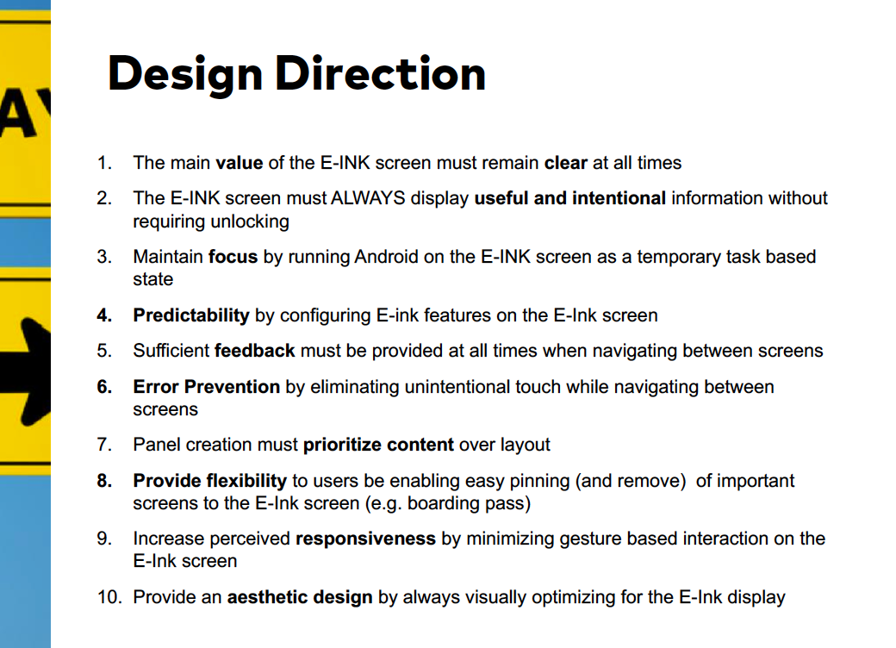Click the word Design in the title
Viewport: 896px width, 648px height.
point(185,74)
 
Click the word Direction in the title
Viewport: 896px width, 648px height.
point(381,73)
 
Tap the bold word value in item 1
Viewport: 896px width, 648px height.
point(239,163)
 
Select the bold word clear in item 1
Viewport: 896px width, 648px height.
point(566,163)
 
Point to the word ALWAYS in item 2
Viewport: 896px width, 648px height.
point(368,197)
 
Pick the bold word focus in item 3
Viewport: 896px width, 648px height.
point(233,257)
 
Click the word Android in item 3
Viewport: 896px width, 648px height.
point(386,257)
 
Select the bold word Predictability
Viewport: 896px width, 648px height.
point(191,315)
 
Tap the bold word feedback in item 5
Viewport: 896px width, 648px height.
point(255,351)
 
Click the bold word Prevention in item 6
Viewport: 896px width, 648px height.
point(232,387)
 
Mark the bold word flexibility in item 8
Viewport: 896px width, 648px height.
point(246,481)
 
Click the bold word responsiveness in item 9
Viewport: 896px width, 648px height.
point(365,539)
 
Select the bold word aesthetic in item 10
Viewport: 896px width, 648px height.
point(267,597)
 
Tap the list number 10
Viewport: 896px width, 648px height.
point(109,597)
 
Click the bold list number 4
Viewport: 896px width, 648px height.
point(104,315)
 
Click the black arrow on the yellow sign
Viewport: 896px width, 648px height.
point(26,372)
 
